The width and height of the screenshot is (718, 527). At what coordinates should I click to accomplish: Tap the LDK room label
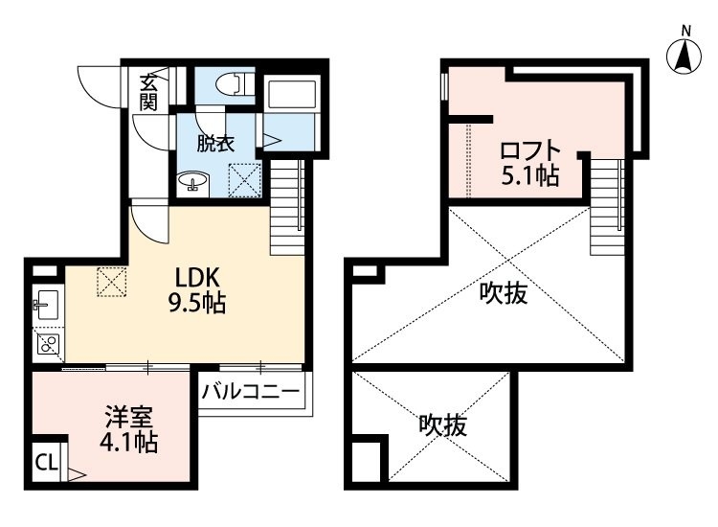pyautogui.click(x=198, y=277)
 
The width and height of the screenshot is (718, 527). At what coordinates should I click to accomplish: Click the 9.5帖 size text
pyautogui.click(x=197, y=303)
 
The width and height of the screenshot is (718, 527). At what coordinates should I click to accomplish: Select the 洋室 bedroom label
pyautogui.click(x=128, y=417)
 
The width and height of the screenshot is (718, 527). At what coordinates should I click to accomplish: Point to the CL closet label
pyautogui.click(x=47, y=463)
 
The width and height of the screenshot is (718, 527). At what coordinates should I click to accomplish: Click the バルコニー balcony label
pyautogui.click(x=251, y=392)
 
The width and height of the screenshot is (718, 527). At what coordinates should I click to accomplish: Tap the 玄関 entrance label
pyautogui.click(x=147, y=92)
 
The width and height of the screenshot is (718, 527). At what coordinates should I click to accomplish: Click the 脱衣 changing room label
pyautogui.click(x=215, y=144)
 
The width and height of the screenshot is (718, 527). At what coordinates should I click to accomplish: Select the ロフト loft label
pyautogui.click(x=530, y=150)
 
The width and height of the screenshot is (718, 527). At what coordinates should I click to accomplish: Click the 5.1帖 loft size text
pyautogui.click(x=530, y=175)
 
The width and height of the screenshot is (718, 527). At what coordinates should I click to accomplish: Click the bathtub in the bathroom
pyautogui.click(x=292, y=95)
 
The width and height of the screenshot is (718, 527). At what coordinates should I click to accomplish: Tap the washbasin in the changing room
pyautogui.click(x=192, y=181)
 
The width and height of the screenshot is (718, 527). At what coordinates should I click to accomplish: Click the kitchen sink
pyautogui.click(x=47, y=305)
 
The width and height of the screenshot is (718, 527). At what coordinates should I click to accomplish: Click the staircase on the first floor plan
pyautogui.click(x=287, y=207)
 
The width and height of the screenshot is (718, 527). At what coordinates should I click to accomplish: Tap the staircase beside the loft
pyautogui.click(x=607, y=207)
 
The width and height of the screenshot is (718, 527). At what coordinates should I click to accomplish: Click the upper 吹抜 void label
pyautogui.click(x=504, y=293)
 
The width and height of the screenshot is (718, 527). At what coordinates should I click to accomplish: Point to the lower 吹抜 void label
pyautogui.click(x=443, y=425)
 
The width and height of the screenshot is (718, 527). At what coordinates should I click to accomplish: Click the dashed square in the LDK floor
pyautogui.click(x=112, y=282)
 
